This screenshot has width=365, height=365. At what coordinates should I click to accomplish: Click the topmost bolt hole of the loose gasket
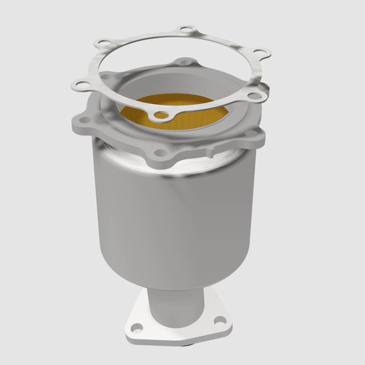click(184, 31)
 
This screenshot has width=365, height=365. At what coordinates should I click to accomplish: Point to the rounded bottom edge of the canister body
click(178, 283)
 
